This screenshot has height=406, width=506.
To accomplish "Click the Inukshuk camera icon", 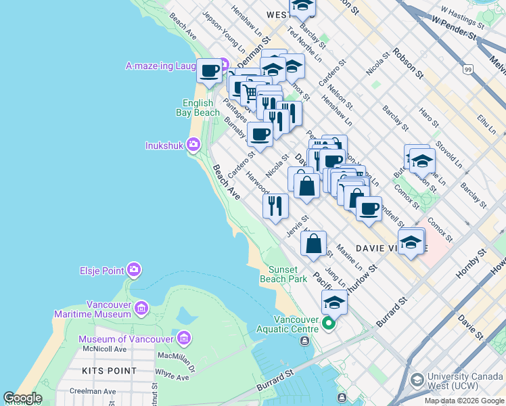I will pos(193,145).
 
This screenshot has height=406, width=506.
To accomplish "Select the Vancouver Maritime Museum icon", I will pos(141,309).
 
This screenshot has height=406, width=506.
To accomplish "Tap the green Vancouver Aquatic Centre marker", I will pos(329,323).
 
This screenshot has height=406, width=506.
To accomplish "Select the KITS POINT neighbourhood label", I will pos(109,371).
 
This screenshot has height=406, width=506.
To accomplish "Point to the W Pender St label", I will pos(457,24).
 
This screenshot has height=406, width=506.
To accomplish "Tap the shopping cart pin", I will pos(252,91).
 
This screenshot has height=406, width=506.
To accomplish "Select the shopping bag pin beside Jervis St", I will pos(314,244).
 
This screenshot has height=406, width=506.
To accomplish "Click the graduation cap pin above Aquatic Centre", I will pos(334,302).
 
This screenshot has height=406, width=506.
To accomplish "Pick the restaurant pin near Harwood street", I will pos(275,205).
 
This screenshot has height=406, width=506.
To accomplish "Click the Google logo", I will pos(22,399).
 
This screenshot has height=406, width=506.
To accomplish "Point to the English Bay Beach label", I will pos(201,108).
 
